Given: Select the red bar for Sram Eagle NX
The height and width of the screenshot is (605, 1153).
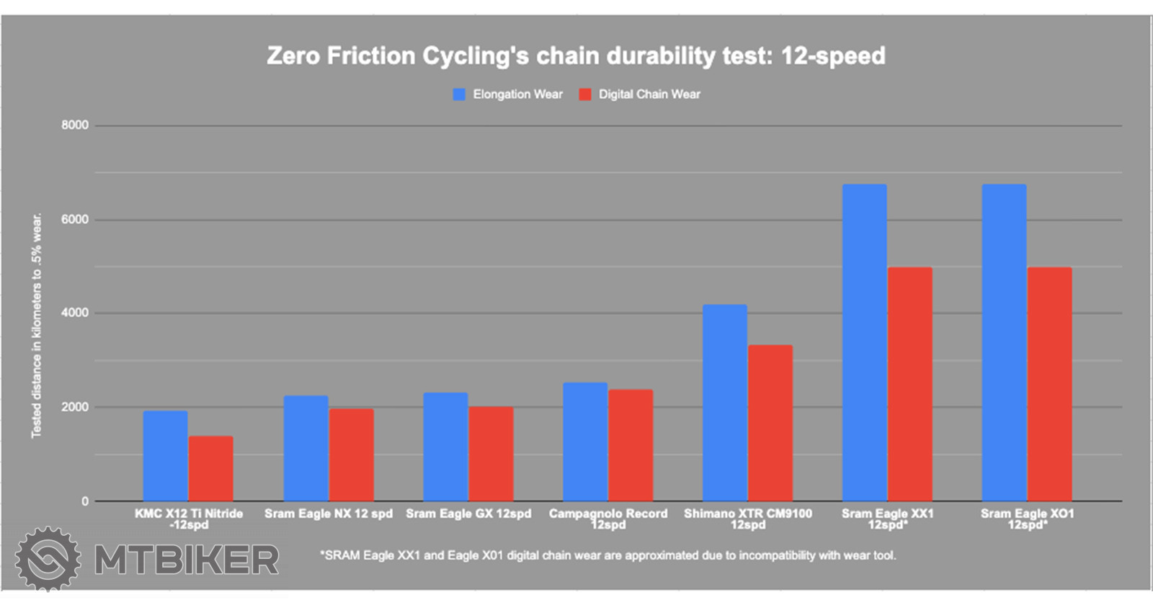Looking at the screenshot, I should tap(352, 455).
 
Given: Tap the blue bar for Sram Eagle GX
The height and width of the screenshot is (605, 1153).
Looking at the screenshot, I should tap(445, 447).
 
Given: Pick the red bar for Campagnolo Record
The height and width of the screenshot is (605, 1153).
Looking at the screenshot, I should tap(631, 445).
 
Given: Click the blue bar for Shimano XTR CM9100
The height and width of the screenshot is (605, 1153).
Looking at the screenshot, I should tap(725, 403).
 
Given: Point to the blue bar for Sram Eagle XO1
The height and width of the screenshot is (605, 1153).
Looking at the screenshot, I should tap(1004, 342).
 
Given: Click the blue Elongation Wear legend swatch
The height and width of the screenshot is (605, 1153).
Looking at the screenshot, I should tap(459, 94).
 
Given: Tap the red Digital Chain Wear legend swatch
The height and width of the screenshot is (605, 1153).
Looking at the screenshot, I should tap(585, 94).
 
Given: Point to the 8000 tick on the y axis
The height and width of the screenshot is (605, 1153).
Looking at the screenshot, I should tap(75, 125).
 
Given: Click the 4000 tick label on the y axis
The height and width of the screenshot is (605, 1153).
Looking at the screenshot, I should tap(75, 313).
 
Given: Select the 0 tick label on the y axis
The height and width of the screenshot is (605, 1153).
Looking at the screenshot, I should tap(85, 501).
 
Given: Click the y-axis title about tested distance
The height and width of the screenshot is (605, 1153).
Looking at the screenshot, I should tap(36, 326).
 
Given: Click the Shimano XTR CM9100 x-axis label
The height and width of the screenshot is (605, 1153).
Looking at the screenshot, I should tap(748, 519).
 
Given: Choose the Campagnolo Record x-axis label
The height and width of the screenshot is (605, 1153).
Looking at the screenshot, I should tap(608, 519).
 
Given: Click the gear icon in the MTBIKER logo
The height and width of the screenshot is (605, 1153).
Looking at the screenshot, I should tap(48, 559).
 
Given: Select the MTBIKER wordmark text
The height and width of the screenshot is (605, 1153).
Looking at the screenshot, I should tap(187, 560).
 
